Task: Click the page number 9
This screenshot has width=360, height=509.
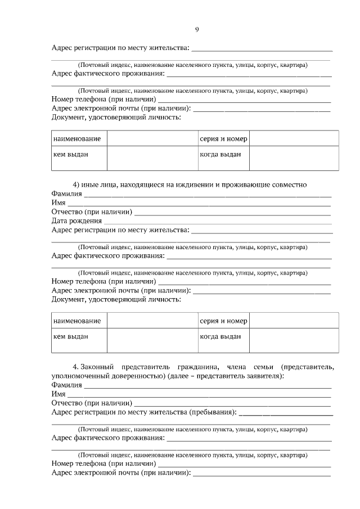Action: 197,30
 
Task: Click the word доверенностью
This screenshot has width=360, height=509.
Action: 137,376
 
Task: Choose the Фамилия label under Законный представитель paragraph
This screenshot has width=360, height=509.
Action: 66,385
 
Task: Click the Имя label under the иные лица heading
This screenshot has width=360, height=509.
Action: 58,203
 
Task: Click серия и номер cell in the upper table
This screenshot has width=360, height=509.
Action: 223,138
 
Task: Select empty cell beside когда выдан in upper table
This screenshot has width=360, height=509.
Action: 294,158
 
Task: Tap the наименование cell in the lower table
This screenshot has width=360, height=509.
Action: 79,321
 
